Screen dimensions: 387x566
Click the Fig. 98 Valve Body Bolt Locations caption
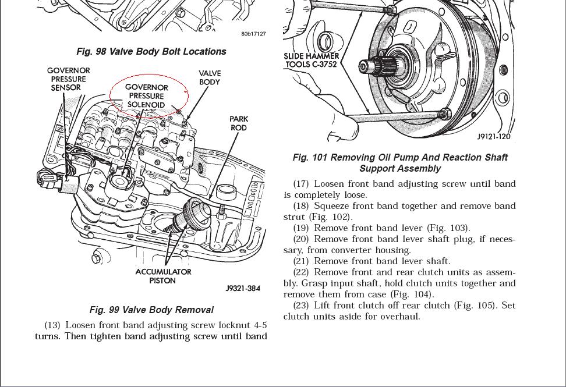click(151, 51)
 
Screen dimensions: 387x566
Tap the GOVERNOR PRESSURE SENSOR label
click(68, 79)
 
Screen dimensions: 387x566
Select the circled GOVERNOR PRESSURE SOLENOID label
click(147, 96)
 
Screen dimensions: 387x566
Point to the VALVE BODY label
click(210, 77)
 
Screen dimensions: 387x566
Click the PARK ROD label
click(238, 123)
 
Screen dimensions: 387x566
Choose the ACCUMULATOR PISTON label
click(163, 276)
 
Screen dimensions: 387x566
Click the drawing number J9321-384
click(243, 289)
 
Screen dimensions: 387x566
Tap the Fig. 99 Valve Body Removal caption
click(151, 310)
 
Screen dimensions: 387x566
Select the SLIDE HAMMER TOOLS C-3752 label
click(312, 60)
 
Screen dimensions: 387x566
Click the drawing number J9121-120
click(494, 137)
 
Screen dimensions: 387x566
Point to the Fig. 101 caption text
click(400, 163)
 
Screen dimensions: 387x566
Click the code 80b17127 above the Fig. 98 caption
click(253, 34)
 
